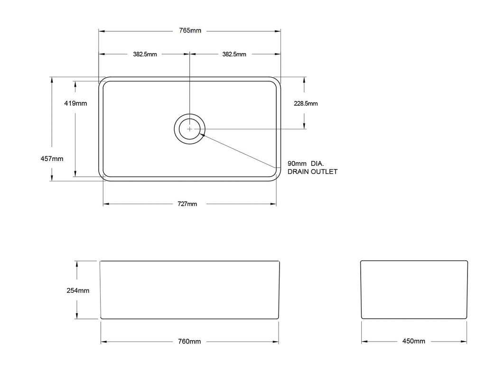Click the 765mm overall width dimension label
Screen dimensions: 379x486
[x=189, y=31]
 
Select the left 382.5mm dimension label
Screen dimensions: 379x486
[x=145, y=54]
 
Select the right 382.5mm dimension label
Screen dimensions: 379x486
[x=234, y=54]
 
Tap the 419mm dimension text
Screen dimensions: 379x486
[x=75, y=103]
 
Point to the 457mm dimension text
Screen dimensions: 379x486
[x=52, y=159]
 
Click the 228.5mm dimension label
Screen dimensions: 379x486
[x=306, y=103]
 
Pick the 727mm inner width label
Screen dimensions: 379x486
[x=187, y=204]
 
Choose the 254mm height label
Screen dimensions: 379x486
[x=78, y=290]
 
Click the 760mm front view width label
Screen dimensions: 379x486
[x=189, y=342]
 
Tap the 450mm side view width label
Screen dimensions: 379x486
[x=414, y=341]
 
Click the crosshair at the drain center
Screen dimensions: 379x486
[x=190, y=129]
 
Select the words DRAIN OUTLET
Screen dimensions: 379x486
[x=312, y=171]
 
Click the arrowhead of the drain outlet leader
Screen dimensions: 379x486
[x=203, y=135]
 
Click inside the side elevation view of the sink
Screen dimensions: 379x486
[x=414, y=289]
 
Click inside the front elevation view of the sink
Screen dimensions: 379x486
[x=189, y=289]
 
